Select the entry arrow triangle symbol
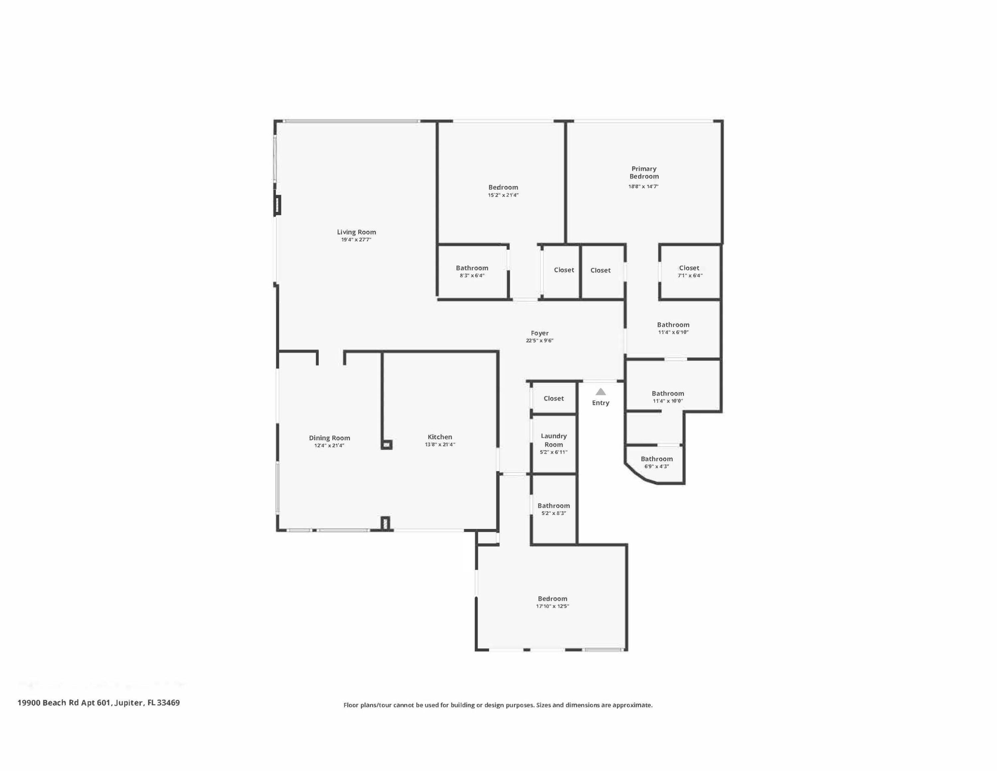601,392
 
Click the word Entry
601,403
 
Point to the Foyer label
540,333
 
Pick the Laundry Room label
554,440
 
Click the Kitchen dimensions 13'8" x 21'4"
440,445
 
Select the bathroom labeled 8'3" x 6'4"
472,268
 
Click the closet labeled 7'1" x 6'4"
689,268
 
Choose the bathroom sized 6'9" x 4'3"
656,459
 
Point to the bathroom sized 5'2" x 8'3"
554,506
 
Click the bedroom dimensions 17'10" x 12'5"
552,606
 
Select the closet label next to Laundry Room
554,398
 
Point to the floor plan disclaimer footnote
498,705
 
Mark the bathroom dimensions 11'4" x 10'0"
668,401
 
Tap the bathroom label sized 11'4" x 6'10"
673,325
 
